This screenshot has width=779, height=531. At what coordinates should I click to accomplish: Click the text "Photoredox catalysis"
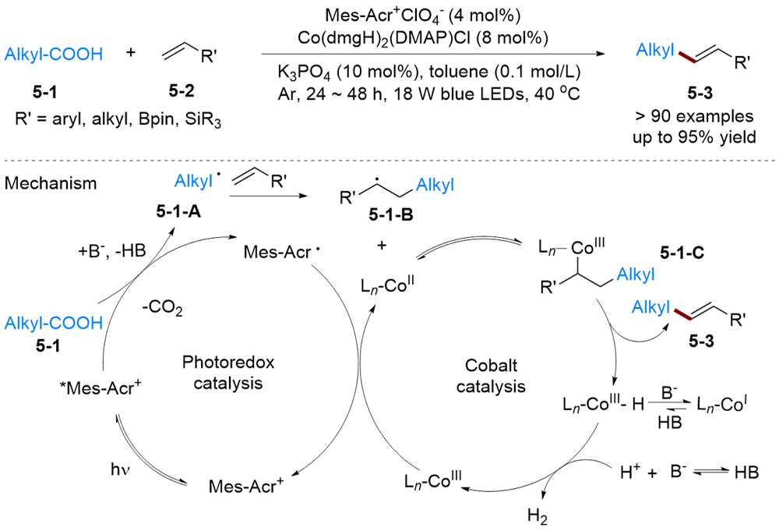pyautogui.click(x=220, y=373)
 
